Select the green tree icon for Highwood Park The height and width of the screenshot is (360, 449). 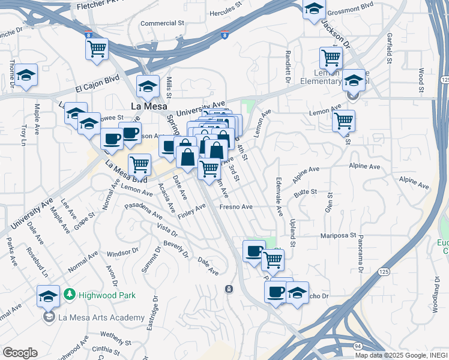(70, 295)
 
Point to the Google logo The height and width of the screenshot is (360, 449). (20, 352)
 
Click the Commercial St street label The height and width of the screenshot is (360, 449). (162, 23)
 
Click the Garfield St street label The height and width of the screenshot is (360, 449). (389, 49)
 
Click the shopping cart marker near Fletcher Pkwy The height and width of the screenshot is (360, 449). (97, 49)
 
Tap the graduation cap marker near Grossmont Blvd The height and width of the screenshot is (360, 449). (313, 9)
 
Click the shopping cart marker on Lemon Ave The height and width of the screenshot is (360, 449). (343, 120)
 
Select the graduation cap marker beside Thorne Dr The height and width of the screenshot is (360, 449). (26, 76)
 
